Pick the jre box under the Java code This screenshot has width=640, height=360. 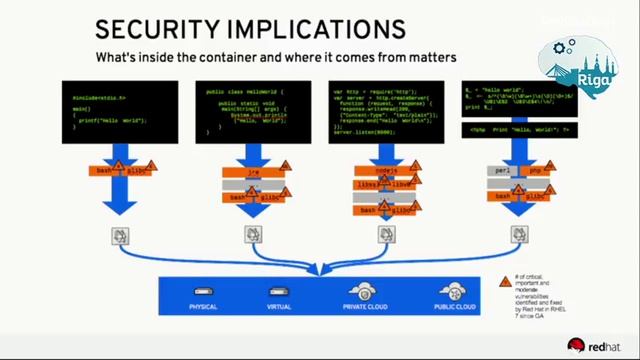(x=253, y=172)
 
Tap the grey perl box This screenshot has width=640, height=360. (x=504, y=172)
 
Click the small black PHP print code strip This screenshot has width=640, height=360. (x=519, y=130)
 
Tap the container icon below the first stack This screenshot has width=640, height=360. (x=120, y=236)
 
